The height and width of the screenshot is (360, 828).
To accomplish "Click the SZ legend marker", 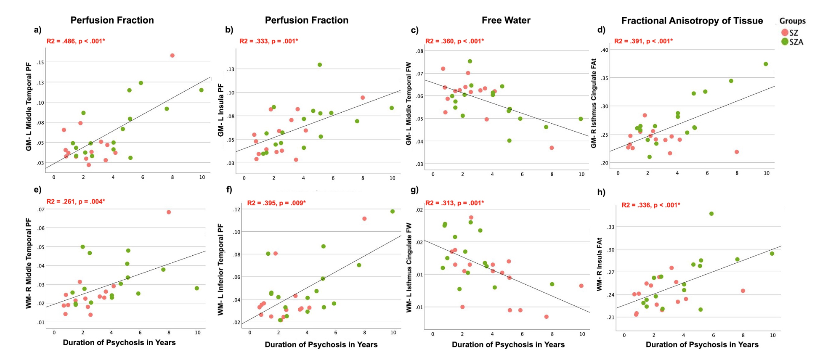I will tap(784, 32).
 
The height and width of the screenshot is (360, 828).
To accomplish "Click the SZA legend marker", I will tap(784, 42).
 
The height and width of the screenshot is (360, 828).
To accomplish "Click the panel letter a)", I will tap(38, 29).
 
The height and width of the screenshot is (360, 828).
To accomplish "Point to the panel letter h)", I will tap(601, 192).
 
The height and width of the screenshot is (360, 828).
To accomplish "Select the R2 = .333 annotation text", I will tap(268, 41).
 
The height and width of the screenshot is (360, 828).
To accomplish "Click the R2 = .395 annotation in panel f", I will tap(276, 203).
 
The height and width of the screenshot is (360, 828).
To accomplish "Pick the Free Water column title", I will tap(506, 20).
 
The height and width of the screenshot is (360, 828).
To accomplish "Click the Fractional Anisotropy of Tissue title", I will tap(692, 21).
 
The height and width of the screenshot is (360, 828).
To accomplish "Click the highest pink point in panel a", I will tap(172, 56).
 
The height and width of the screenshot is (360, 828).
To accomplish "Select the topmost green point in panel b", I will tap(320, 65).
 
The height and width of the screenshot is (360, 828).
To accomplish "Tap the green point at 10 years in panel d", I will tap(766, 64).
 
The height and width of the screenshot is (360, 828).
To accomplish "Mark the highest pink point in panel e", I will tap(169, 212).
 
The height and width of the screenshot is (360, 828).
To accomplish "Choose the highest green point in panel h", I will tap(711, 214).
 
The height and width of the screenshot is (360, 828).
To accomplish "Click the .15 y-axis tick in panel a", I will tap(40, 62).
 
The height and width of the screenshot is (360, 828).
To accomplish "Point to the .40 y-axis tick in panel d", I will tap(605, 50).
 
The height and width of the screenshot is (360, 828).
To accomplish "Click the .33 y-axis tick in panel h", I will tap(610, 227).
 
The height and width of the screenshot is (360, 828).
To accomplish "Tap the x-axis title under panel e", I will tap(119, 343).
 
